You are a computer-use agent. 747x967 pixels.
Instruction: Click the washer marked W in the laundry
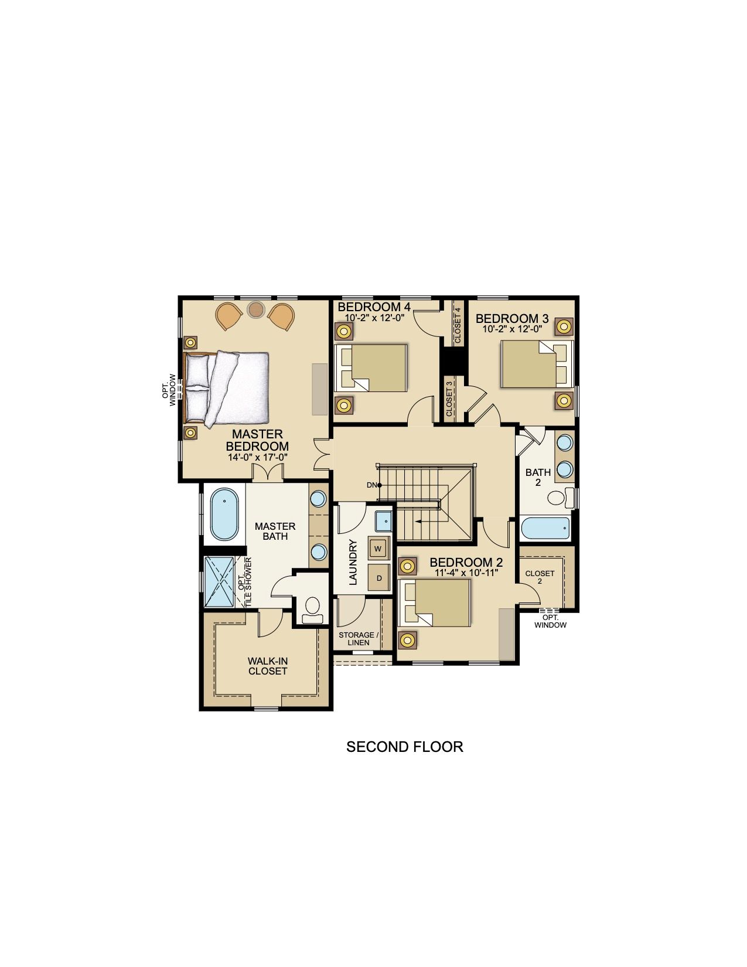coord(378,548)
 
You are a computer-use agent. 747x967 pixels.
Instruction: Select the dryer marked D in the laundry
coord(379,578)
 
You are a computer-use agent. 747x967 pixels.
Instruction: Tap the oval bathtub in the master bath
coord(224,515)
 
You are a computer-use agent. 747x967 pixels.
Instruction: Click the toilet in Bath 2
coord(561,498)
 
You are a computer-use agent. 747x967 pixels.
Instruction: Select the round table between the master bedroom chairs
coord(255,309)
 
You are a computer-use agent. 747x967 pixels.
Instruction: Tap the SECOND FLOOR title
coord(404,746)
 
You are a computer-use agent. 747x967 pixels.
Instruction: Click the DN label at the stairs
coord(371,485)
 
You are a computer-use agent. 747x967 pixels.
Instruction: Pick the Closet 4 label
coord(458,325)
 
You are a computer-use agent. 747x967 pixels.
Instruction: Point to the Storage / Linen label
coord(357,639)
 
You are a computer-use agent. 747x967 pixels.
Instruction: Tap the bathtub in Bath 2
coord(545,529)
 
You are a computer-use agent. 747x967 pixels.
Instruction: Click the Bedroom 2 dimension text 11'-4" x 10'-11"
coord(466,573)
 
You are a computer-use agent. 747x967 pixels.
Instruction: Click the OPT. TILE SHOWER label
coord(245,581)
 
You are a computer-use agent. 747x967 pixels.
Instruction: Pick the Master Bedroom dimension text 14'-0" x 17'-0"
coord(257,457)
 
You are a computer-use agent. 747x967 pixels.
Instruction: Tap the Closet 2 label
coord(540,577)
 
